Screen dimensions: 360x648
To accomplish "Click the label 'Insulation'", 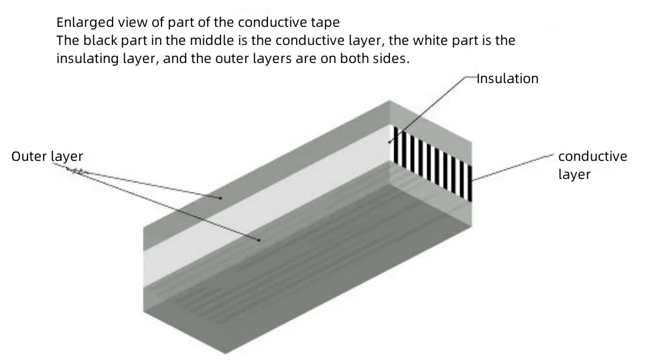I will click(507, 78).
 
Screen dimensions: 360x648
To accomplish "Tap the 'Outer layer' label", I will click(47, 157).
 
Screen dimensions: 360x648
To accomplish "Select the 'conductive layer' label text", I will click(592, 165).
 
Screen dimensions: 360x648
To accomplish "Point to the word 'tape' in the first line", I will click(326, 22).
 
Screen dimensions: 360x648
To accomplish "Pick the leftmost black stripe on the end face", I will click(396, 145).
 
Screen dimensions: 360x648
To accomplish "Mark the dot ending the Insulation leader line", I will click(389, 141).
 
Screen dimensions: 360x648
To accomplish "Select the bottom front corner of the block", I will click(225, 352).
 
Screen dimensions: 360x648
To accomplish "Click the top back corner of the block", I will click(390, 101).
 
